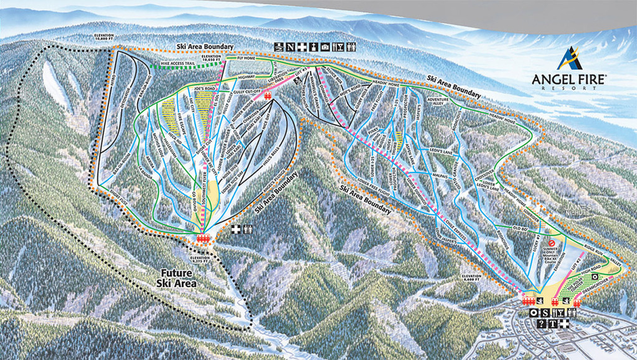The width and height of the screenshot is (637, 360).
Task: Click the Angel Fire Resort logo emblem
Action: [x=569, y=59]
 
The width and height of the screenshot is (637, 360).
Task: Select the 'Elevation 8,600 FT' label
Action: [x=469, y=278]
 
